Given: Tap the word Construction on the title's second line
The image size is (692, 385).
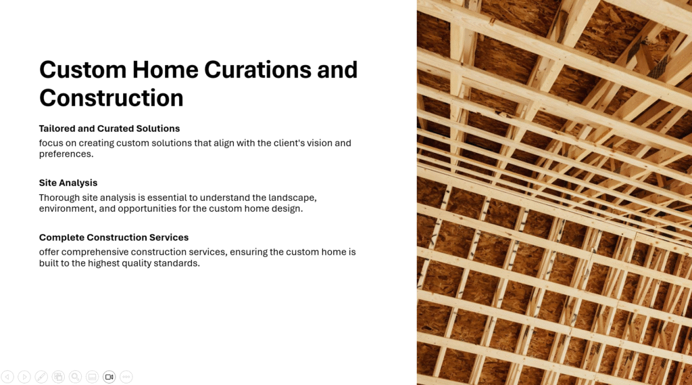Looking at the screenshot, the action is click(x=112, y=97).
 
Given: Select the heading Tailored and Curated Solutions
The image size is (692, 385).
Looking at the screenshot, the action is click(x=109, y=129).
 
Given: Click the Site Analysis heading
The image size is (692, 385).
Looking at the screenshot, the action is click(x=68, y=183).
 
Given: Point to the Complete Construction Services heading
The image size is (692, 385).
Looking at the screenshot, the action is click(x=114, y=237).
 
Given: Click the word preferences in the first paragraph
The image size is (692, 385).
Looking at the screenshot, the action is click(x=66, y=154).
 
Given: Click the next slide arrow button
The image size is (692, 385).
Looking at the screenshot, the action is click(x=24, y=377).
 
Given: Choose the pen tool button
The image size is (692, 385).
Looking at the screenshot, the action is click(x=41, y=377).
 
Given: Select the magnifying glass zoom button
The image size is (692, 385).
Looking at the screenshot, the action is click(x=75, y=377).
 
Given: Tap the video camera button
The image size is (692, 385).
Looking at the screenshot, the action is click(x=109, y=377).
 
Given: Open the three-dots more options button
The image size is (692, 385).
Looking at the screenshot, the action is click(x=126, y=377).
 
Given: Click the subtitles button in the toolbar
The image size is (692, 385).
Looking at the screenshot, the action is click(x=92, y=377).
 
